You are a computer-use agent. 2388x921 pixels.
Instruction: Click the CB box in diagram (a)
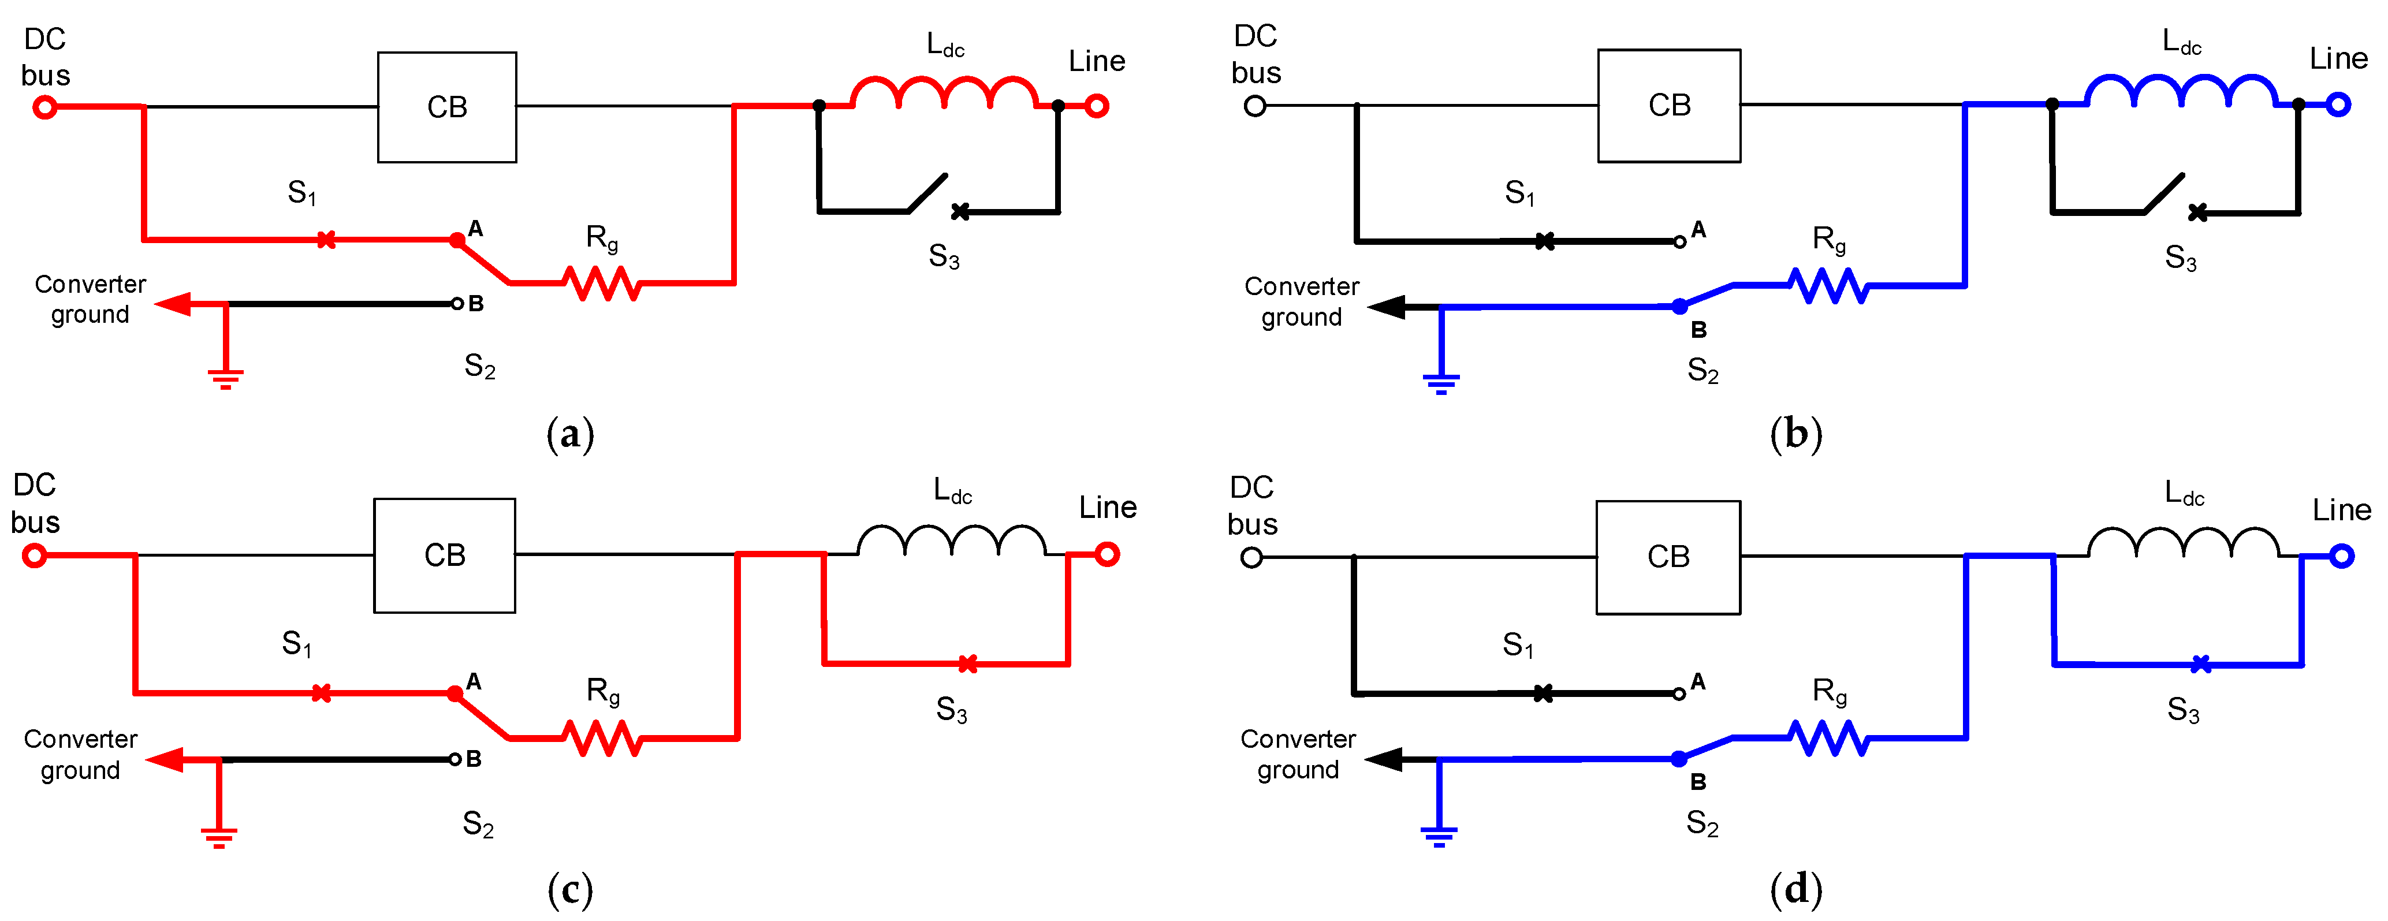click(x=447, y=107)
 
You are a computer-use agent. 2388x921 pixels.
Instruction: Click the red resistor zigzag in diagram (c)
click(x=602, y=739)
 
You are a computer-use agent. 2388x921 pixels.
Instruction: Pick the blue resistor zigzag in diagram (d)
click(x=1828, y=739)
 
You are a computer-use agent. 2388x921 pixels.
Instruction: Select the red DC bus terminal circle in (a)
click(x=44, y=107)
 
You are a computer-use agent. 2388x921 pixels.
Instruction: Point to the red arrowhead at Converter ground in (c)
click(x=167, y=760)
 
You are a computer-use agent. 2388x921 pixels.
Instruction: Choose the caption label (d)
click(x=1795, y=889)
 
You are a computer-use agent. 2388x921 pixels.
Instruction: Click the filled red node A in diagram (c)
click(x=455, y=693)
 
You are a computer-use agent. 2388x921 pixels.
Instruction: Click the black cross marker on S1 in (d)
click(x=1543, y=693)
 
